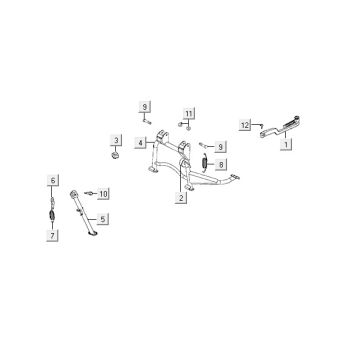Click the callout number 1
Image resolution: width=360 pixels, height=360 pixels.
tap(287, 145)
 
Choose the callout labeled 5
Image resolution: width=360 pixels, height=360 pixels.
tap(105, 217)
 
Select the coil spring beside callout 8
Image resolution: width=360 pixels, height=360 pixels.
tap(206, 162)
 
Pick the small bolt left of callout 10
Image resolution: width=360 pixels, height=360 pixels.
tap(89, 191)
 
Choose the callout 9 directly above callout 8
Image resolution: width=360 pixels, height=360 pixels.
tap(222, 146)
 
